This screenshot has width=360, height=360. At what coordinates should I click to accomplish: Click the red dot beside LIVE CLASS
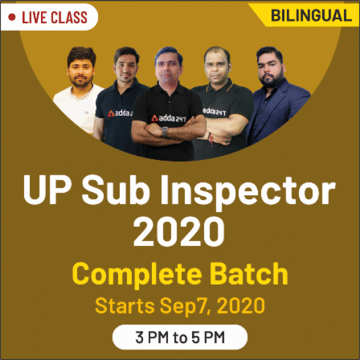(12, 18)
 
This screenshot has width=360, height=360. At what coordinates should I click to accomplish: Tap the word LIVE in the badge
(34, 18)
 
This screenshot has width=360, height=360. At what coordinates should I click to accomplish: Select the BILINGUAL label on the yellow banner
(311, 15)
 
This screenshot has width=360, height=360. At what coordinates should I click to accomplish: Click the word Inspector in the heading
(247, 191)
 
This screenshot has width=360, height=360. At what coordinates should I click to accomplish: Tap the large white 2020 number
(179, 232)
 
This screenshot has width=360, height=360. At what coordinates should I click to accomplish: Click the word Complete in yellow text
(137, 275)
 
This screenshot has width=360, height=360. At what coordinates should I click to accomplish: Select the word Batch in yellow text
(249, 273)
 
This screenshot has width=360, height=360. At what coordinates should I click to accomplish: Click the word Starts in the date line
(125, 305)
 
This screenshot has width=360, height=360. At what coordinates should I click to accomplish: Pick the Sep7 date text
(186, 307)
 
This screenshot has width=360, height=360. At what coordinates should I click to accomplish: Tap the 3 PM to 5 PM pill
(180, 337)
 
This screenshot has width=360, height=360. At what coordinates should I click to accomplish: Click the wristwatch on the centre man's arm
(165, 132)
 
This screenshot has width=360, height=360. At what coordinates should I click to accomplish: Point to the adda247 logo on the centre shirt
(168, 119)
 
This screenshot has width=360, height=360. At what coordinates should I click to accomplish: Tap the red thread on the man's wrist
(211, 138)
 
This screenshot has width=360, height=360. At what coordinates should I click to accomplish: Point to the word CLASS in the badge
(69, 18)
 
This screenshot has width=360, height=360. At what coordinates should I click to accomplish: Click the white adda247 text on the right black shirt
(214, 112)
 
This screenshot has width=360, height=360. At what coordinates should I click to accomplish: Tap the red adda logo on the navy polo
(111, 113)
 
